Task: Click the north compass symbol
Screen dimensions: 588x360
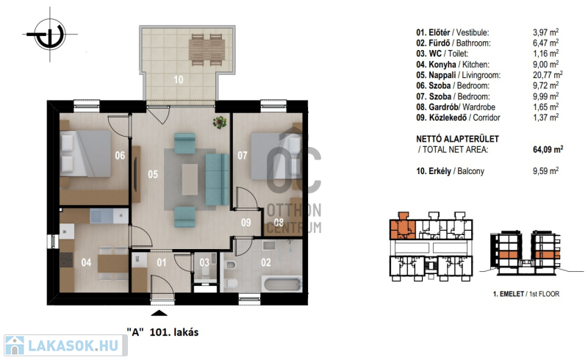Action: [x=50, y=35]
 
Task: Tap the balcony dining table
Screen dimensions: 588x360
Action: [x=207, y=50]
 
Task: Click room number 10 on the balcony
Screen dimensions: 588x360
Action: [x=179, y=79]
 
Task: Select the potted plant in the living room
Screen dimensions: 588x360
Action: [x=220, y=122]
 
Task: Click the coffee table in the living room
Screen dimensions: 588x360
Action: [x=190, y=179]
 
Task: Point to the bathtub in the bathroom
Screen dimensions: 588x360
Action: [x=283, y=284]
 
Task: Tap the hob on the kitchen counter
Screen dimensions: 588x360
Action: [x=67, y=259]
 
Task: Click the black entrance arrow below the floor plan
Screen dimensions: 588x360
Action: [x=159, y=314]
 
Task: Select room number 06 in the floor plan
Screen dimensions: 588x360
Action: [x=120, y=155]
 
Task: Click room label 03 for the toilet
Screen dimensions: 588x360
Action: [x=204, y=262]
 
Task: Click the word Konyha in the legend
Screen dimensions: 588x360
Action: [x=442, y=64]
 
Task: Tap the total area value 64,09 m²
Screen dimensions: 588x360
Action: [x=548, y=149]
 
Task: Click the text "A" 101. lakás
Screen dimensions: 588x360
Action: [x=162, y=332]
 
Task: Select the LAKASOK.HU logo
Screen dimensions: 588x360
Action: [x=65, y=345]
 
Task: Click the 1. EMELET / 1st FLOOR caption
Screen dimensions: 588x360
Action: [x=526, y=294]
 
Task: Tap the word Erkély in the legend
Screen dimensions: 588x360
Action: [x=440, y=171]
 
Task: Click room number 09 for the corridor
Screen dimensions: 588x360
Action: [x=246, y=223]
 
